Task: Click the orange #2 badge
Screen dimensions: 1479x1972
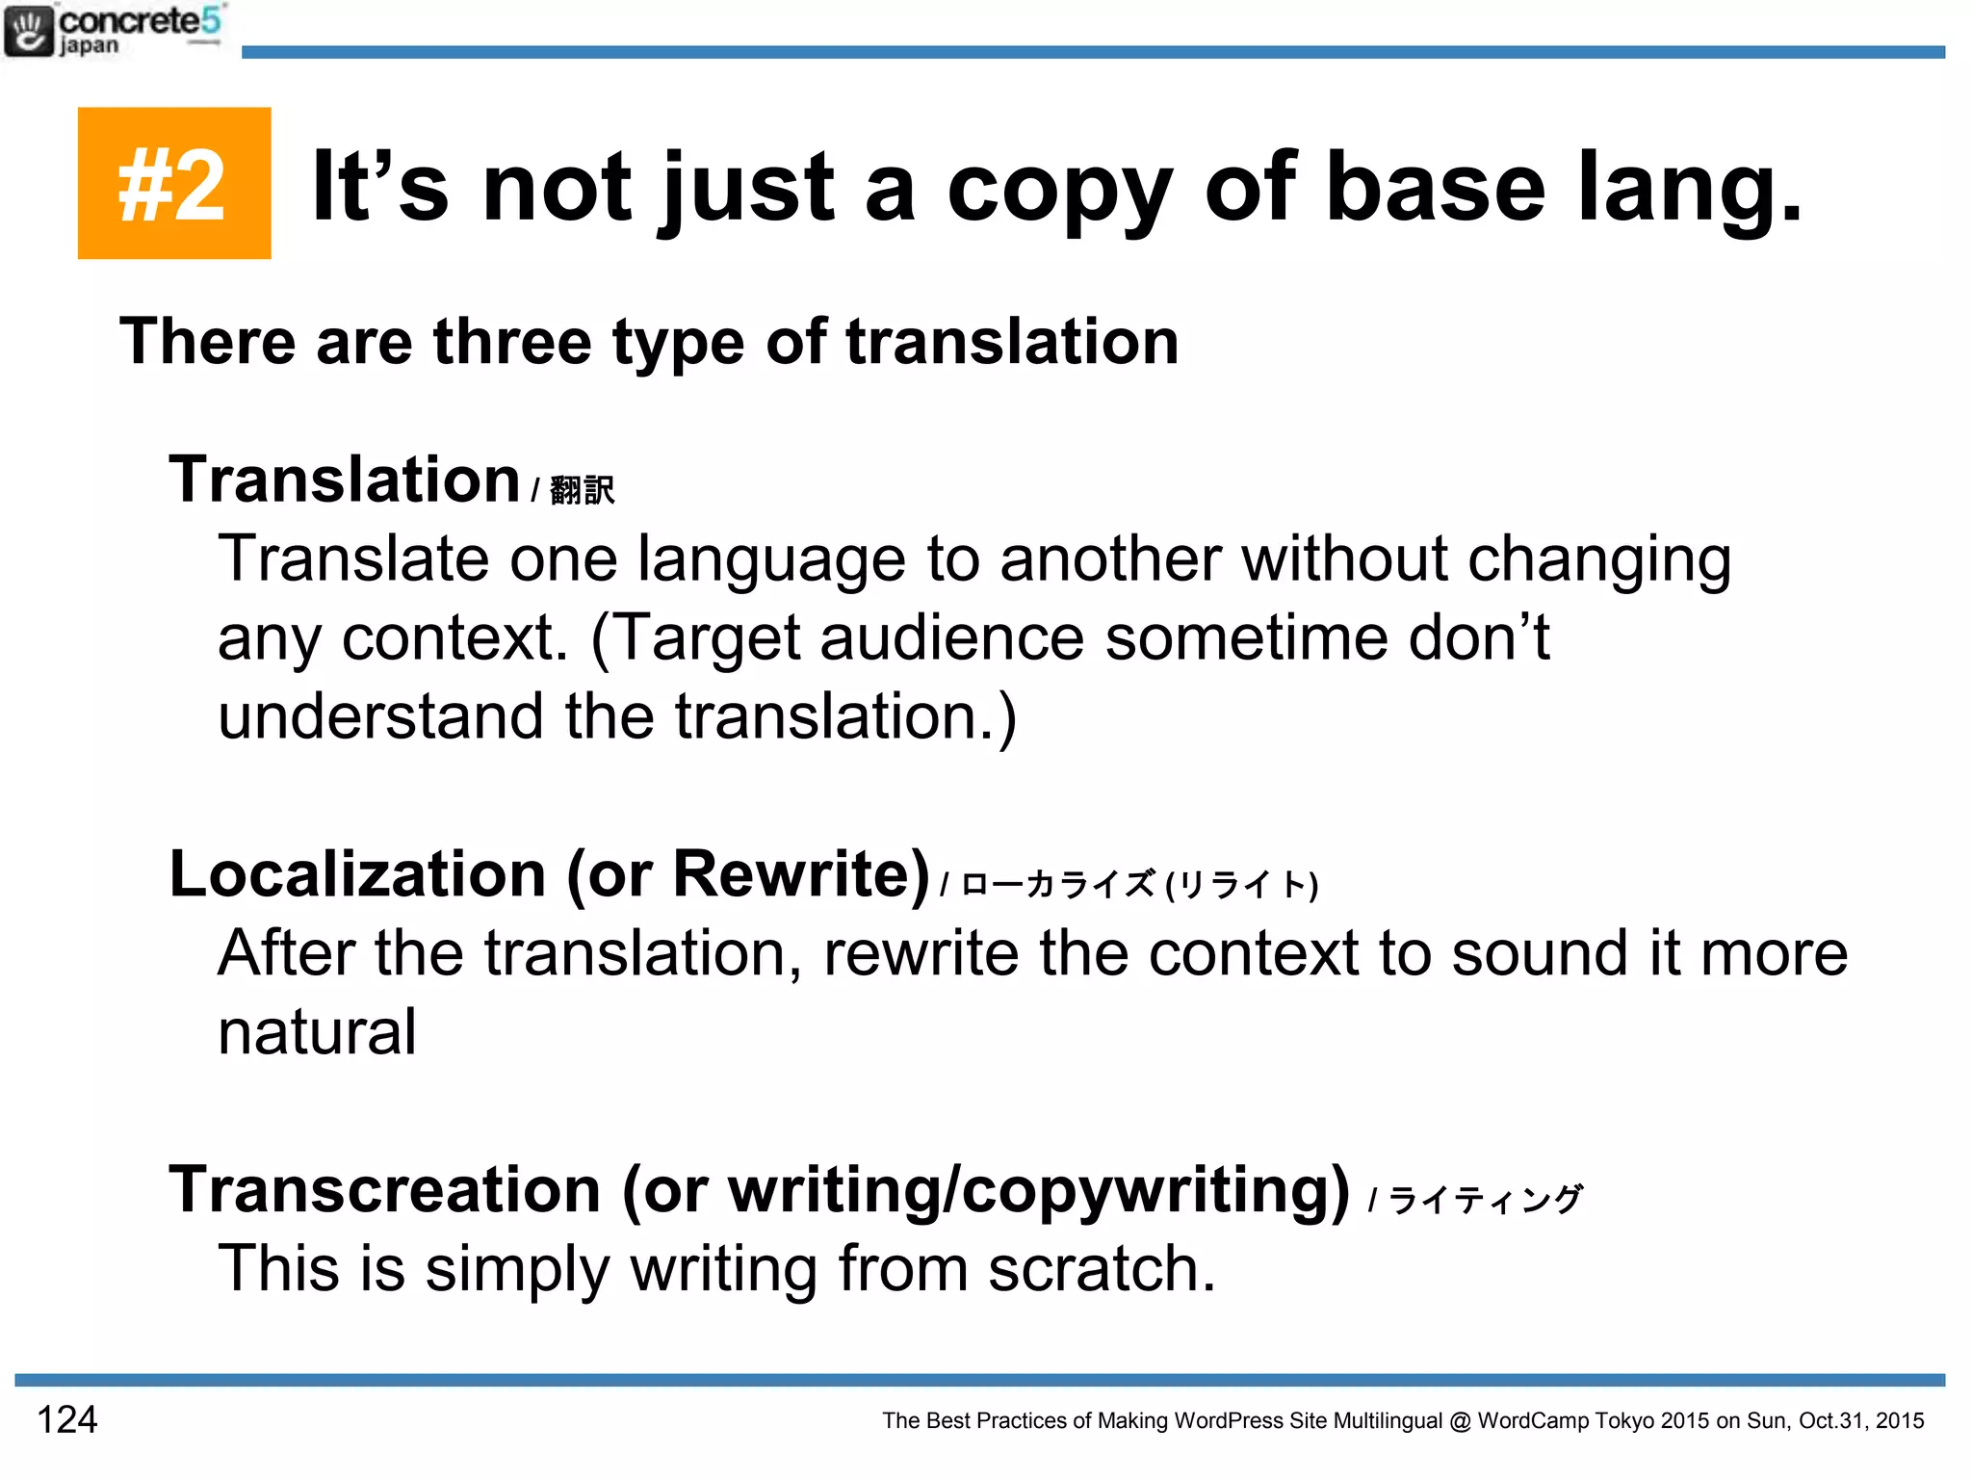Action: coord(173,183)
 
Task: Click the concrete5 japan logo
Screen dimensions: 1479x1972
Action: coord(114,31)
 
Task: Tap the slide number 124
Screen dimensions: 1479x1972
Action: coord(66,1419)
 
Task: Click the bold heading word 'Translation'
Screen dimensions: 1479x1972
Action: coord(344,480)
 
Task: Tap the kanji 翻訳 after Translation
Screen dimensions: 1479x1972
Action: coord(582,490)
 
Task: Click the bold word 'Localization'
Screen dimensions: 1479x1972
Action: coord(357,874)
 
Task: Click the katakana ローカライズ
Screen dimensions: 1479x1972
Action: coord(1057,884)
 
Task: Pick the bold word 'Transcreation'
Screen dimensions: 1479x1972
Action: coord(385,1190)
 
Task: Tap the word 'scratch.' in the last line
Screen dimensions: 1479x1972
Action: coord(1103,1268)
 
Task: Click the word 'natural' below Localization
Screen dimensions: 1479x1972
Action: coord(317,1032)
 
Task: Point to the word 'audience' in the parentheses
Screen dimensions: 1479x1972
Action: coord(951,637)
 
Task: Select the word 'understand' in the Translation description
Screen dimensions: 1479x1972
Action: coord(380,716)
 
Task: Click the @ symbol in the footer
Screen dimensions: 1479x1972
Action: coord(1460,1420)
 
